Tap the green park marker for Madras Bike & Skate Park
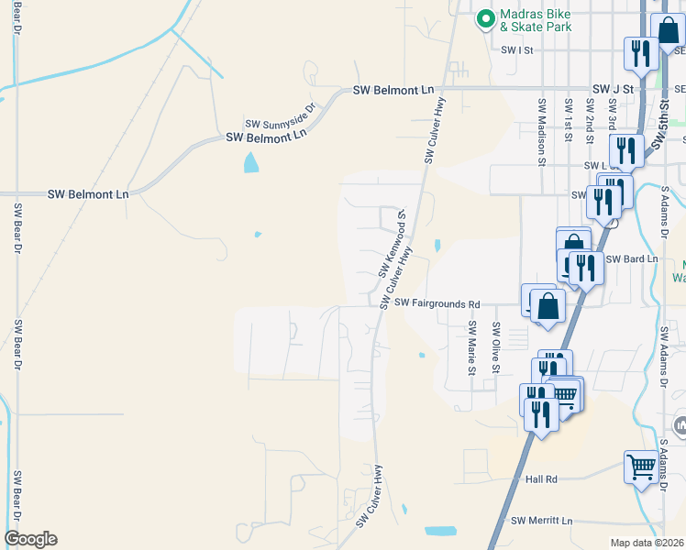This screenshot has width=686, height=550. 483,17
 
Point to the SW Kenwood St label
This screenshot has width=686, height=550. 391,243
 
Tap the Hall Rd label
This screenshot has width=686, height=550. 541,478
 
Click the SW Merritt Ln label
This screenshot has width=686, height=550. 541,521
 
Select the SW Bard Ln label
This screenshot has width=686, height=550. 632,259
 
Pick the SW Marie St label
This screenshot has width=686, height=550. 471,347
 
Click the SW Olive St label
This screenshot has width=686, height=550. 495,347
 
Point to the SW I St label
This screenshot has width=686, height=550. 516,51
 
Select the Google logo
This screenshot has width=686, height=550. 30,539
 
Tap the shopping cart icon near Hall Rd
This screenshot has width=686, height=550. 641,467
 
